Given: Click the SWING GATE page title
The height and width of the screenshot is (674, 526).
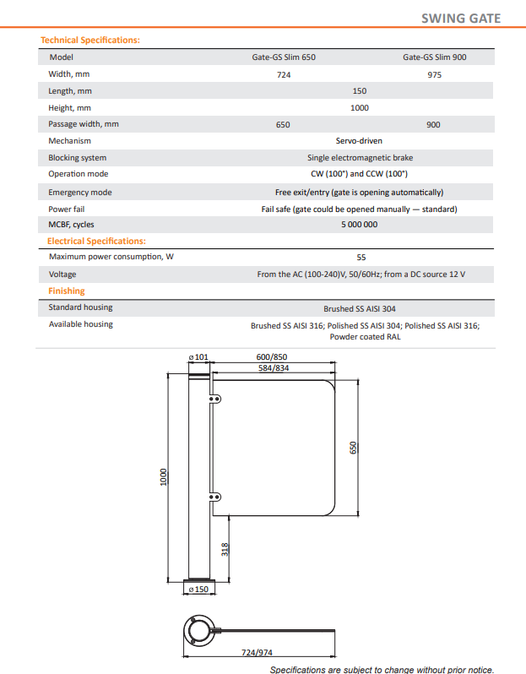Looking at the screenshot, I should pos(460,19).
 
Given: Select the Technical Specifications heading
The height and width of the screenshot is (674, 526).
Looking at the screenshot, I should pos(90,40).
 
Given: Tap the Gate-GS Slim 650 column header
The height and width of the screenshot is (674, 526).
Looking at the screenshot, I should pos(283,57).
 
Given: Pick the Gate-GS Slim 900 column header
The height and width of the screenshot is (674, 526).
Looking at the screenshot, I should pos(434,57).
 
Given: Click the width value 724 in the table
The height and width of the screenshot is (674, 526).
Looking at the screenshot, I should pos(283,74).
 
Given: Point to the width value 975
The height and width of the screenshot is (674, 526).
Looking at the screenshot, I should pos(434,74).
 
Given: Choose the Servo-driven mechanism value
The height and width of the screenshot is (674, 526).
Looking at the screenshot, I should pos(360,141).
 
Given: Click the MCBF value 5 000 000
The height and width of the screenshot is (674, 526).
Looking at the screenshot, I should pos(360,224).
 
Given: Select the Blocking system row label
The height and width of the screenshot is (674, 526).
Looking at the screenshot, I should pos(77,158).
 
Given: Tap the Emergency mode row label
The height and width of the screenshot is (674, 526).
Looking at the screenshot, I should pos(79,192).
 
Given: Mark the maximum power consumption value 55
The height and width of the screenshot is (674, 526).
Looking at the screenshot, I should pos(361,258).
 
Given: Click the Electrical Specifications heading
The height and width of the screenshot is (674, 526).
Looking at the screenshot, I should pos(96,241).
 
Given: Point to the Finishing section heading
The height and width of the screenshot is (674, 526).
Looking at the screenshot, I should pos(66,291).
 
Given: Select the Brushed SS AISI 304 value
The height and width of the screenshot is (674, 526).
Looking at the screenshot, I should pos(360,308).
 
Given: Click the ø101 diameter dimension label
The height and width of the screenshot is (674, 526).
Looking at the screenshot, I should pos(199,358).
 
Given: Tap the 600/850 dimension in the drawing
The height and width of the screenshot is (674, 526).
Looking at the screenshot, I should pos(272,357).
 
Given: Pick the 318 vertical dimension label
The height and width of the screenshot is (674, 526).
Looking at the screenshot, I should pos(225,550).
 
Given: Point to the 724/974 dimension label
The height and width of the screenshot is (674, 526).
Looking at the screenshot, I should pos(257,653).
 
